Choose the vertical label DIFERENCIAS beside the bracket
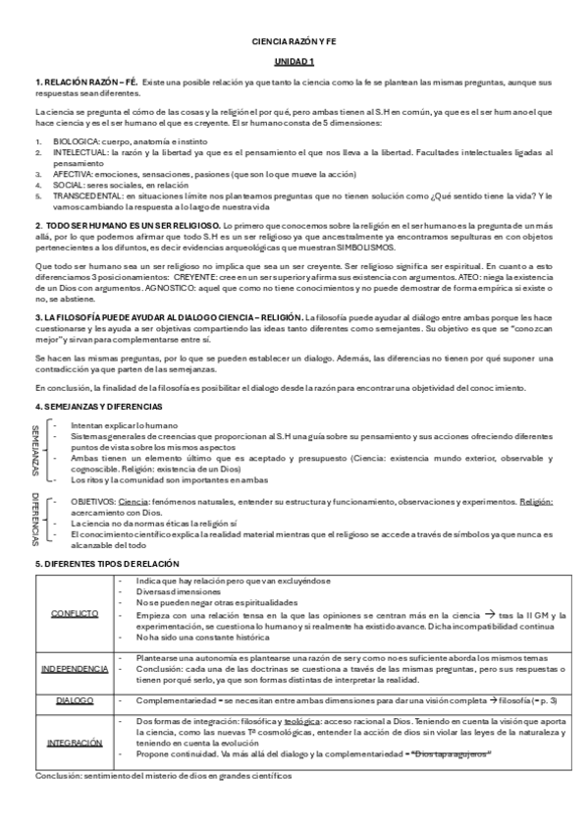coord(38,517)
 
